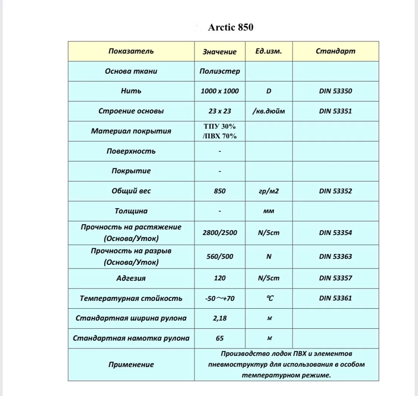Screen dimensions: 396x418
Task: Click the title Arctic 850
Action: pos(230,28)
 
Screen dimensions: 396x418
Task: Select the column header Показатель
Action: pos(131,51)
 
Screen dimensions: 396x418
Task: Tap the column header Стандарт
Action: pos(335,51)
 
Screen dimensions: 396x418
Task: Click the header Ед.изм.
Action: pos(268,51)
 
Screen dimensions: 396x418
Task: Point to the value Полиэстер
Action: pos(220,71)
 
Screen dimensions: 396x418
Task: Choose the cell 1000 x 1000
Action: pos(220,91)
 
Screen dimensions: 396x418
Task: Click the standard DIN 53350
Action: pos(335,91)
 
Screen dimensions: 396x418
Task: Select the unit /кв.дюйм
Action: pos(268,111)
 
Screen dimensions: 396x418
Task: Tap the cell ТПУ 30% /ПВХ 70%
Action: pos(220,131)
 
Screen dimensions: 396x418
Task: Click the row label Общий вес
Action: pos(131,191)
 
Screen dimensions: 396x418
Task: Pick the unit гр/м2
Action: pos(268,191)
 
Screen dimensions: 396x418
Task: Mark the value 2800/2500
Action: pos(220,233)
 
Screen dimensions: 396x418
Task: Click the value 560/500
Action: pos(220,257)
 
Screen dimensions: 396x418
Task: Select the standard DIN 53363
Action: pos(335,257)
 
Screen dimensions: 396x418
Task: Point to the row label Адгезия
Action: pos(131,278)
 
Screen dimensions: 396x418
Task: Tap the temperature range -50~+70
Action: pos(220,298)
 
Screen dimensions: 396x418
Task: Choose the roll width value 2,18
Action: pos(220,318)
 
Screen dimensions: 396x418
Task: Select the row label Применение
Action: pos(131,365)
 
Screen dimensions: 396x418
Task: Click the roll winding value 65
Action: pos(220,338)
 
